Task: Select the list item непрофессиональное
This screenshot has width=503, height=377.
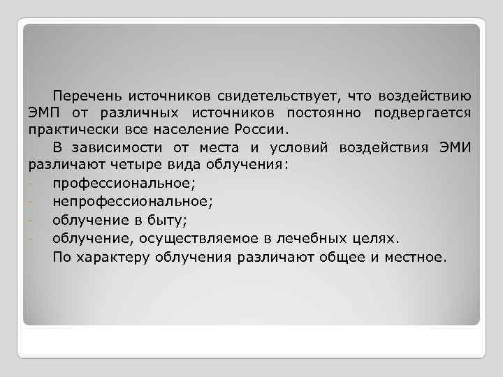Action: click(131, 202)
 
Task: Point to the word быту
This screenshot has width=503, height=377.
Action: click(168, 221)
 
